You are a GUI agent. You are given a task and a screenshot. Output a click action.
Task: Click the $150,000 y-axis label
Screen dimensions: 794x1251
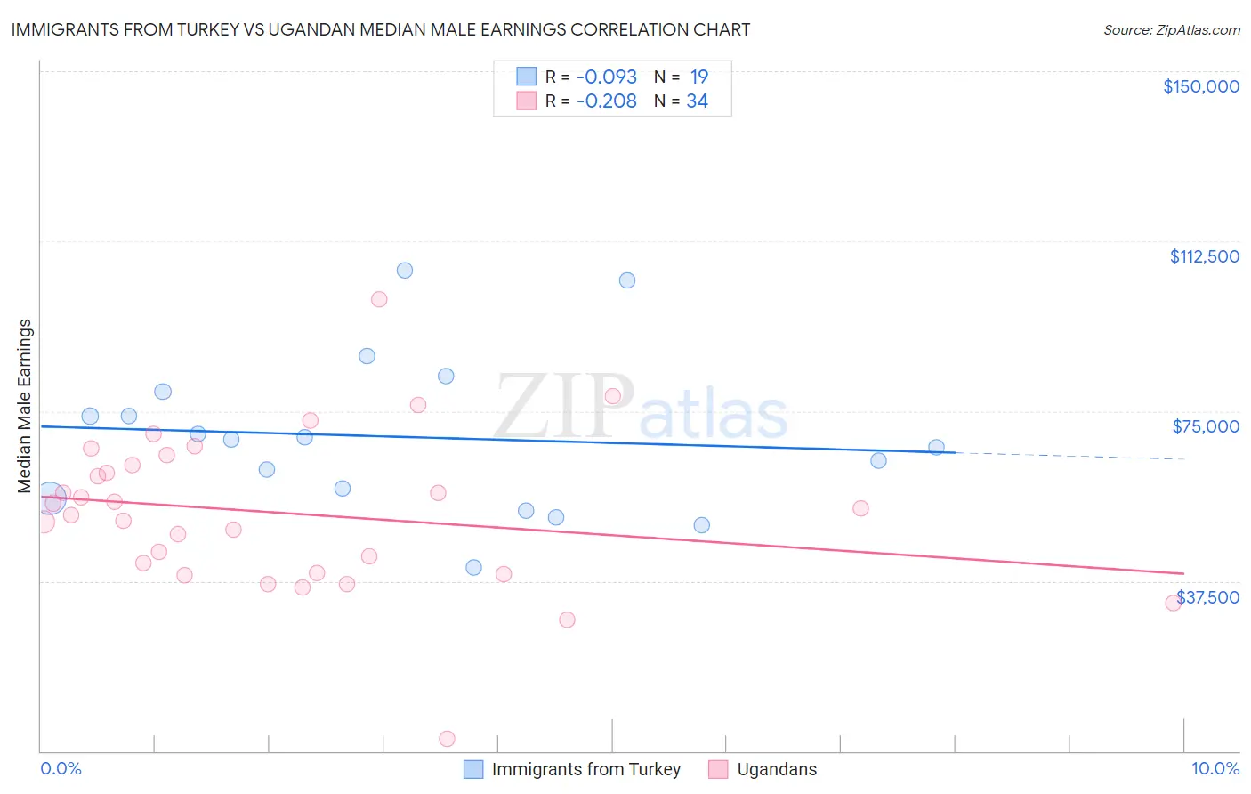(x=1200, y=86)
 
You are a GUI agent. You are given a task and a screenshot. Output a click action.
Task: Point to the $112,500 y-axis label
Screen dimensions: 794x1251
(x=1204, y=256)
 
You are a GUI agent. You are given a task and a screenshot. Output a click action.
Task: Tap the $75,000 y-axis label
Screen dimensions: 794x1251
(x=1206, y=426)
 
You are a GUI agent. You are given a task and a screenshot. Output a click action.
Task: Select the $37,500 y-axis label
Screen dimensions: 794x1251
(x=1208, y=597)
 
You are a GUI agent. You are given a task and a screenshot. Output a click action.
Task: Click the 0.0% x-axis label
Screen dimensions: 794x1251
(x=61, y=768)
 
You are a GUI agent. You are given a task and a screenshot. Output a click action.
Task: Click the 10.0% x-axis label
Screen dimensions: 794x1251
(x=1215, y=768)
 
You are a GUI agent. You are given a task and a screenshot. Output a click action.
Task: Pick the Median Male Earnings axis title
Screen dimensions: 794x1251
(x=25, y=405)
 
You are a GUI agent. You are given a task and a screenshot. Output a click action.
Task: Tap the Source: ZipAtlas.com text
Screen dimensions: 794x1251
(x=1171, y=29)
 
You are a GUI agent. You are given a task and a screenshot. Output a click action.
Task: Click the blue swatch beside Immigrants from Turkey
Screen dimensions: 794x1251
(x=473, y=769)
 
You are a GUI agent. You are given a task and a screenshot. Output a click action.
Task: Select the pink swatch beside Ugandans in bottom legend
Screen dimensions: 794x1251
(x=718, y=769)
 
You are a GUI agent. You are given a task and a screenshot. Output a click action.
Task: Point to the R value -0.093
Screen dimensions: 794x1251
(x=606, y=77)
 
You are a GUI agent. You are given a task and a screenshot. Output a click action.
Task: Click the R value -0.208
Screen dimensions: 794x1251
(x=606, y=101)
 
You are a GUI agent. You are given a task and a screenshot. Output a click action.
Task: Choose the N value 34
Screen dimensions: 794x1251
(x=697, y=101)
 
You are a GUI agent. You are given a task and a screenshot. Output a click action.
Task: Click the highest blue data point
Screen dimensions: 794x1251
(x=405, y=271)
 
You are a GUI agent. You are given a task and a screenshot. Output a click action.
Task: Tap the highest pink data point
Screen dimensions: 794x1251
(x=379, y=299)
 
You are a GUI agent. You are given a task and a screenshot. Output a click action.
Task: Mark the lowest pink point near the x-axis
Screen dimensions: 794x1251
(x=448, y=739)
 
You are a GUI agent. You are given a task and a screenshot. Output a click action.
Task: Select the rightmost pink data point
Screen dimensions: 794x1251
(x=1174, y=603)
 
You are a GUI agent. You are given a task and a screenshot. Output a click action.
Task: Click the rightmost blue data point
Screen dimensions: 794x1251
(x=936, y=447)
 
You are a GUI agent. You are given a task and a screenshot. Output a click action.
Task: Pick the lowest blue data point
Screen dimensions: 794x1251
(x=473, y=567)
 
